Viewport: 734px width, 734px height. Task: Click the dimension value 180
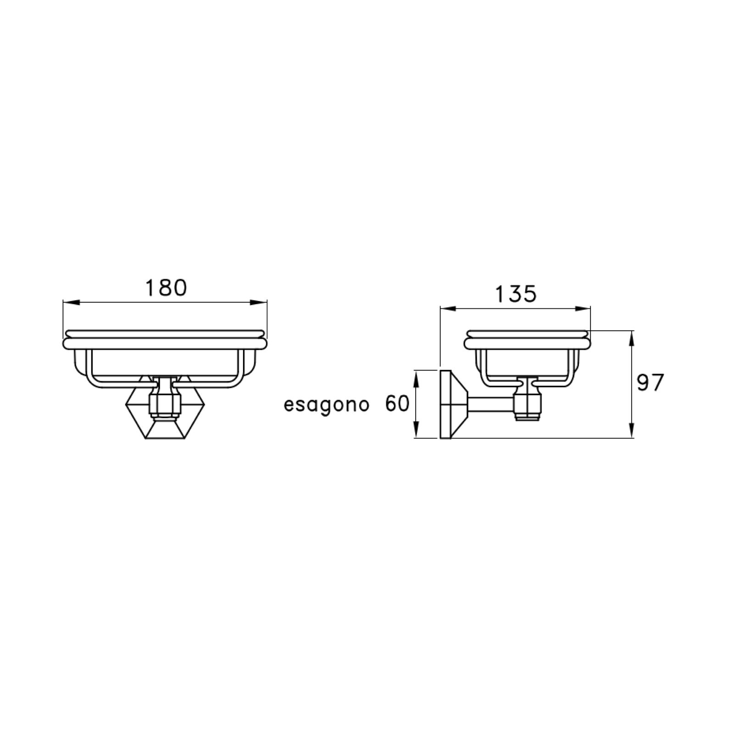[166, 288]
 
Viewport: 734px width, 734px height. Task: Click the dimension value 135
[516, 294]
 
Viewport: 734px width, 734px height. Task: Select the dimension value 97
[651, 383]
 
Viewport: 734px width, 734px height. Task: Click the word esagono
[326, 405]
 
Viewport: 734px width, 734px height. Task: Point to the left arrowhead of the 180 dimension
[71, 302]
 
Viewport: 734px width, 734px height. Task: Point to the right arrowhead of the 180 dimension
[258, 302]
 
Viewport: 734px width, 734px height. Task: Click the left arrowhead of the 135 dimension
[449, 309]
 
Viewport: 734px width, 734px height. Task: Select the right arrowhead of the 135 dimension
[582, 309]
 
